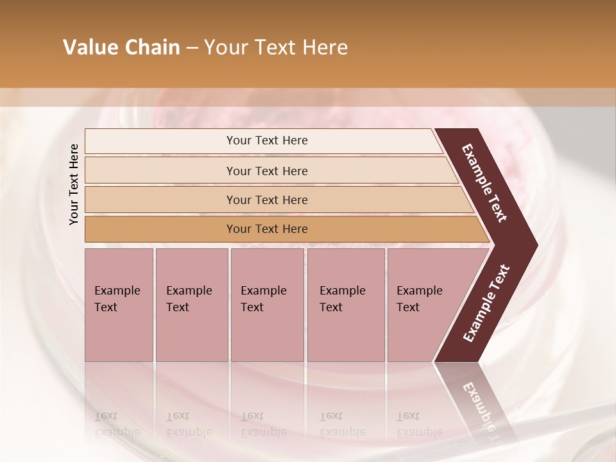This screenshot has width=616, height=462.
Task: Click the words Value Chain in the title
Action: tap(121, 47)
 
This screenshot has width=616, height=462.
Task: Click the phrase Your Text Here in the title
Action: tap(276, 47)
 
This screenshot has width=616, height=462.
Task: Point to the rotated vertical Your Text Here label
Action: tap(74, 184)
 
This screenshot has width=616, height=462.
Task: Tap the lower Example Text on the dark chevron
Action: tap(486, 303)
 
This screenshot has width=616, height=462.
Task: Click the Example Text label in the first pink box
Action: tap(117, 298)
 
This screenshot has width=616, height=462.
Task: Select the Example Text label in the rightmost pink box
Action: tap(419, 298)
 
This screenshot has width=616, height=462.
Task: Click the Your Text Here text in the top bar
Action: tap(267, 141)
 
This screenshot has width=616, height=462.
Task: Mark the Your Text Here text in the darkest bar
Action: tap(267, 229)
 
